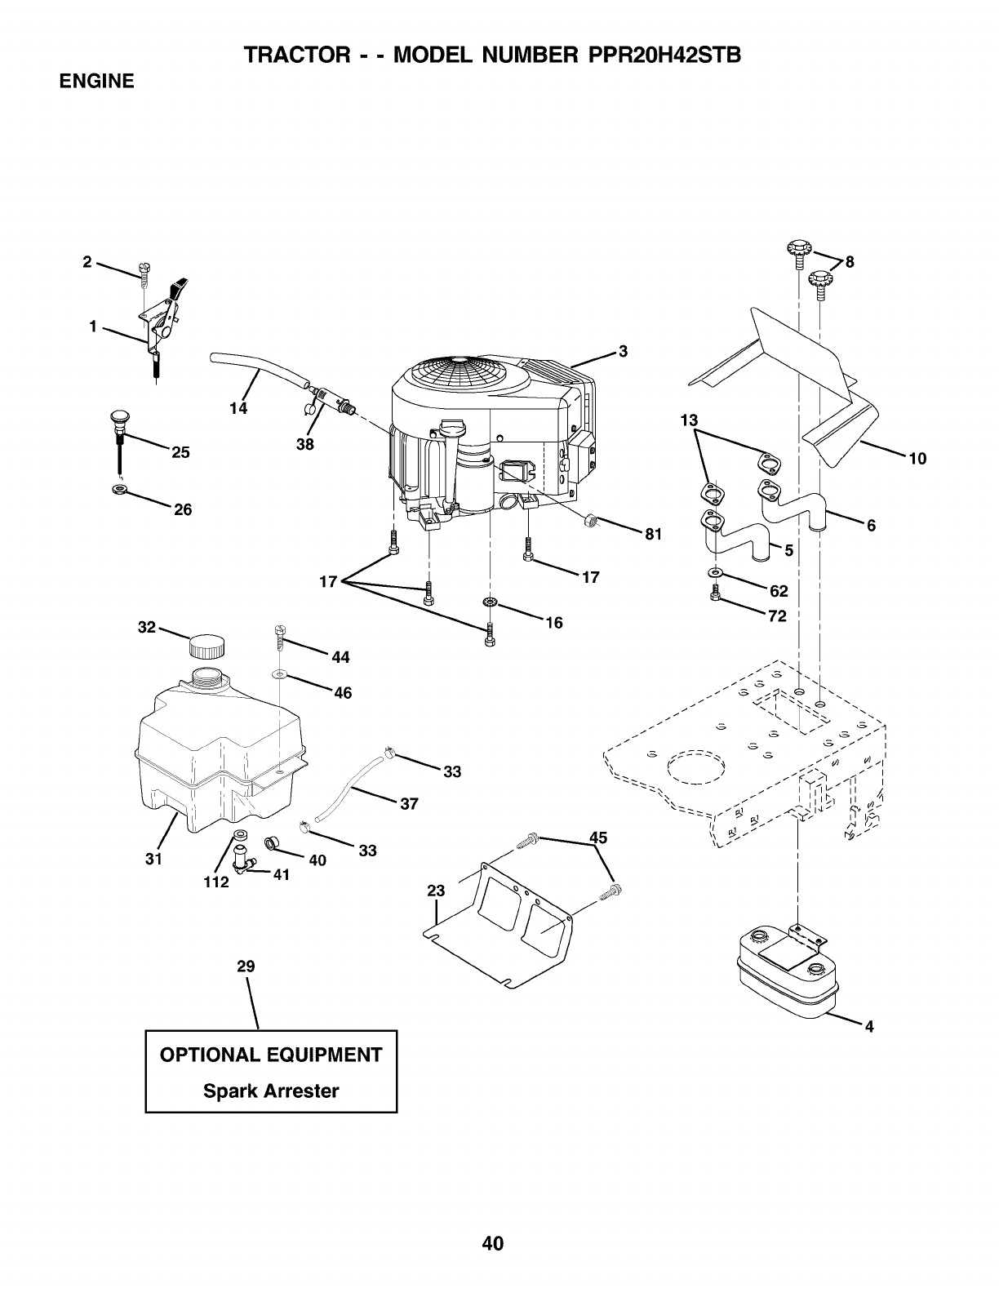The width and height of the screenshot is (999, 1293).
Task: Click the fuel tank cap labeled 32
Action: coord(205,647)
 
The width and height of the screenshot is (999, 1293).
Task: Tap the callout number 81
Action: coord(652,535)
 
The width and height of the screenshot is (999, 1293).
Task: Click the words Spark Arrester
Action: coord(271,1091)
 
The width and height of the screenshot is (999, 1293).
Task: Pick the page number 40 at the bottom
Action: coord(493,1243)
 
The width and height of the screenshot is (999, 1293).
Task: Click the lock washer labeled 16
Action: coord(491,602)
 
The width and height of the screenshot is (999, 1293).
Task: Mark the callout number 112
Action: coord(216,882)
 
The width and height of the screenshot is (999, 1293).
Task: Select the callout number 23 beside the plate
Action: coord(436,891)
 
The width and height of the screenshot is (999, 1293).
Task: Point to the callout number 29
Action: coord(246,966)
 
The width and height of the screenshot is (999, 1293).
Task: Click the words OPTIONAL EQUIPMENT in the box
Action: coord(271,1055)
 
